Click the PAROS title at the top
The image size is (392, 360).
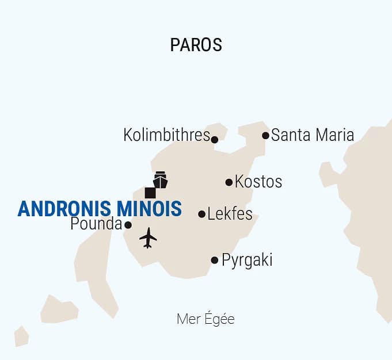click(x=196, y=45)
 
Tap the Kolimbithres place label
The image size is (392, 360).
click(x=166, y=136)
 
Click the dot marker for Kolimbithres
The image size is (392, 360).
click(x=215, y=139)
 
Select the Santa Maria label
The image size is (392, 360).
click(x=313, y=136)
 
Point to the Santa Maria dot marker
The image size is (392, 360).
click(x=265, y=136)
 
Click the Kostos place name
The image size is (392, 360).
click(x=258, y=182)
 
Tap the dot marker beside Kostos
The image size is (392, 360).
click(x=229, y=182)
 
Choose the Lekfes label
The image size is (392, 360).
click(x=230, y=214)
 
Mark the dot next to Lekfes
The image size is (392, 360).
click(x=201, y=214)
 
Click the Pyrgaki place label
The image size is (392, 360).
click(x=247, y=260)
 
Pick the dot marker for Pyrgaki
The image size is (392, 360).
click(x=215, y=260)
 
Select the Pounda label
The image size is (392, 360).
click(x=96, y=224)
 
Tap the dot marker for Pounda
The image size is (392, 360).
click(x=128, y=225)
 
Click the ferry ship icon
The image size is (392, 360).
click(x=160, y=179)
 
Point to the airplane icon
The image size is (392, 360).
click(x=148, y=238)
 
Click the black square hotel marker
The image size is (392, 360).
click(x=150, y=193)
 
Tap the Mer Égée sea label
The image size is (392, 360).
click(x=205, y=319)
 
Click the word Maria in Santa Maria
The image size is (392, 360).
click(x=333, y=136)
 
